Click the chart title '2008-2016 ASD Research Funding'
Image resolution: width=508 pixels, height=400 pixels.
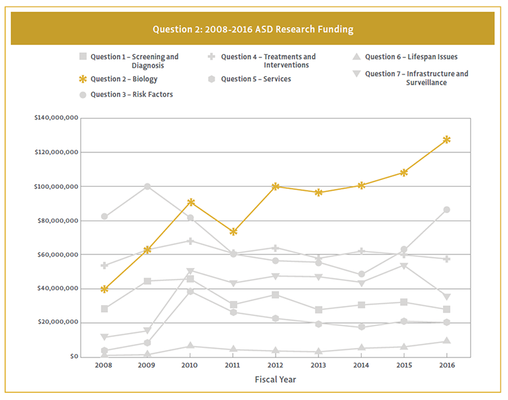tap(253, 30)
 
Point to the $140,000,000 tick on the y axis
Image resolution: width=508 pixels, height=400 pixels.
tap(56, 118)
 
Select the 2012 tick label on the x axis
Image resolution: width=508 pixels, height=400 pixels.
tap(276, 365)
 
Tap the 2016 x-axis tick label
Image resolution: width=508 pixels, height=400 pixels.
tap(446, 365)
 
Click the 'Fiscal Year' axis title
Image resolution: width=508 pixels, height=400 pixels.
tap(275, 380)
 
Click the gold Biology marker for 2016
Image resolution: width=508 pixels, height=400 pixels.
tap(446, 139)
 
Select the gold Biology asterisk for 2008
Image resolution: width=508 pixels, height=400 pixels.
tap(104, 289)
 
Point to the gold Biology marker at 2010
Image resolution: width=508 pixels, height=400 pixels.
tap(190, 202)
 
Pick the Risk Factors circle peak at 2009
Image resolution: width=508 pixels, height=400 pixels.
tap(147, 186)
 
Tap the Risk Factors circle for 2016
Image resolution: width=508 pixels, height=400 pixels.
tap(446, 210)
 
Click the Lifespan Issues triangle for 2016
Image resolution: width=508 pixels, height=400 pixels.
tap(446, 340)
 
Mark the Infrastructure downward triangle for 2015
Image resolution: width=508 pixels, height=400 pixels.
tap(404, 266)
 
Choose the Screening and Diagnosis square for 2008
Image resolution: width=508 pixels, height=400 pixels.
tap(104, 309)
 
